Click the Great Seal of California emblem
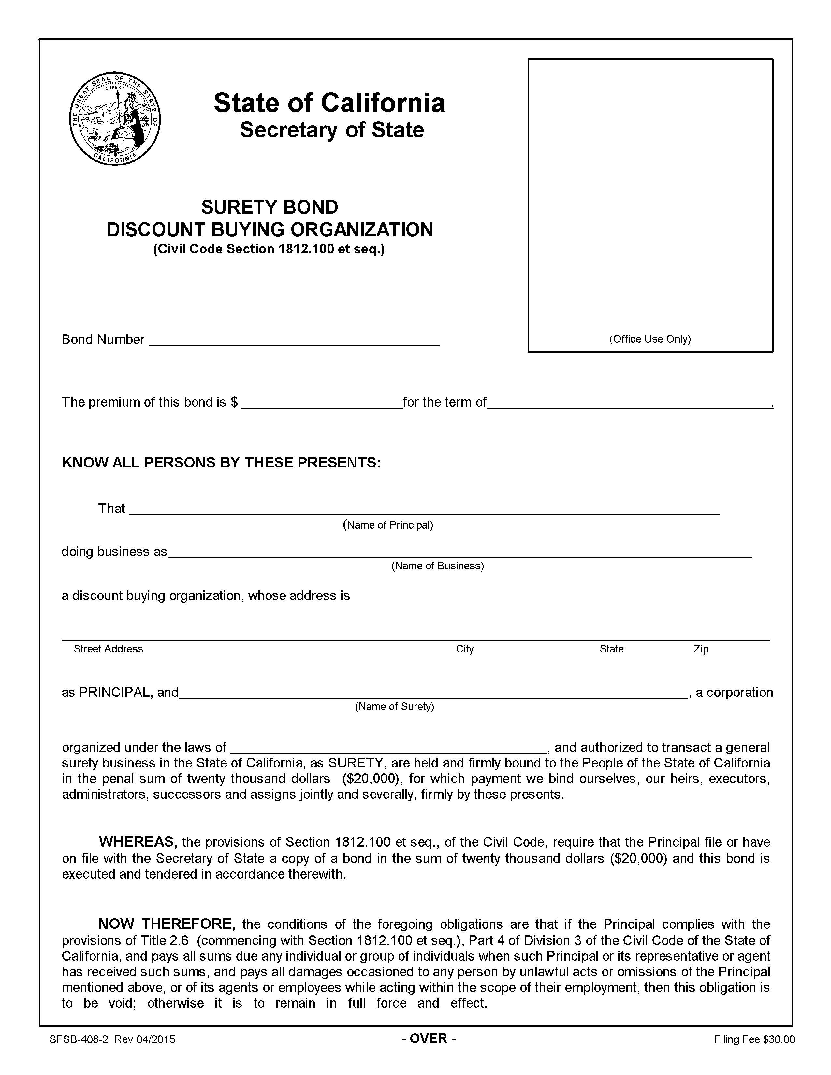(x=115, y=118)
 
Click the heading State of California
(x=329, y=103)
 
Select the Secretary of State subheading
(x=331, y=130)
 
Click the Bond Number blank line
(x=294, y=341)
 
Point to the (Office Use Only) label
(x=650, y=339)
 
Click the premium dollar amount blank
(x=322, y=403)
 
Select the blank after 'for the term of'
(x=629, y=403)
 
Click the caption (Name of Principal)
(x=388, y=525)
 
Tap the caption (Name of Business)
(x=437, y=566)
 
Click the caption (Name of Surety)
(x=394, y=707)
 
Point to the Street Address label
(x=108, y=649)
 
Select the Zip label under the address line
(x=701, y=649)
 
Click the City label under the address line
(x=464, y=649)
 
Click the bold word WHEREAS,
(x=138, y=842)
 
